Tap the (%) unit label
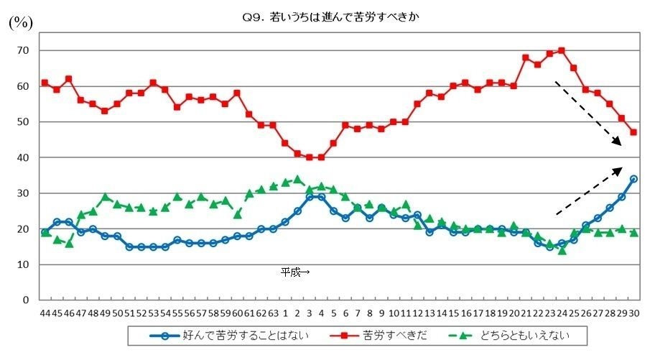20,22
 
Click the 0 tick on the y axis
25,300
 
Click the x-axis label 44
45,313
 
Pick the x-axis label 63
273,313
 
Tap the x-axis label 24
562,313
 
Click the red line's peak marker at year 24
562,50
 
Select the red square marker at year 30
633,132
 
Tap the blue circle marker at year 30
633,179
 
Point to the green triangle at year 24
562,250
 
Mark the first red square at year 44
45,83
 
